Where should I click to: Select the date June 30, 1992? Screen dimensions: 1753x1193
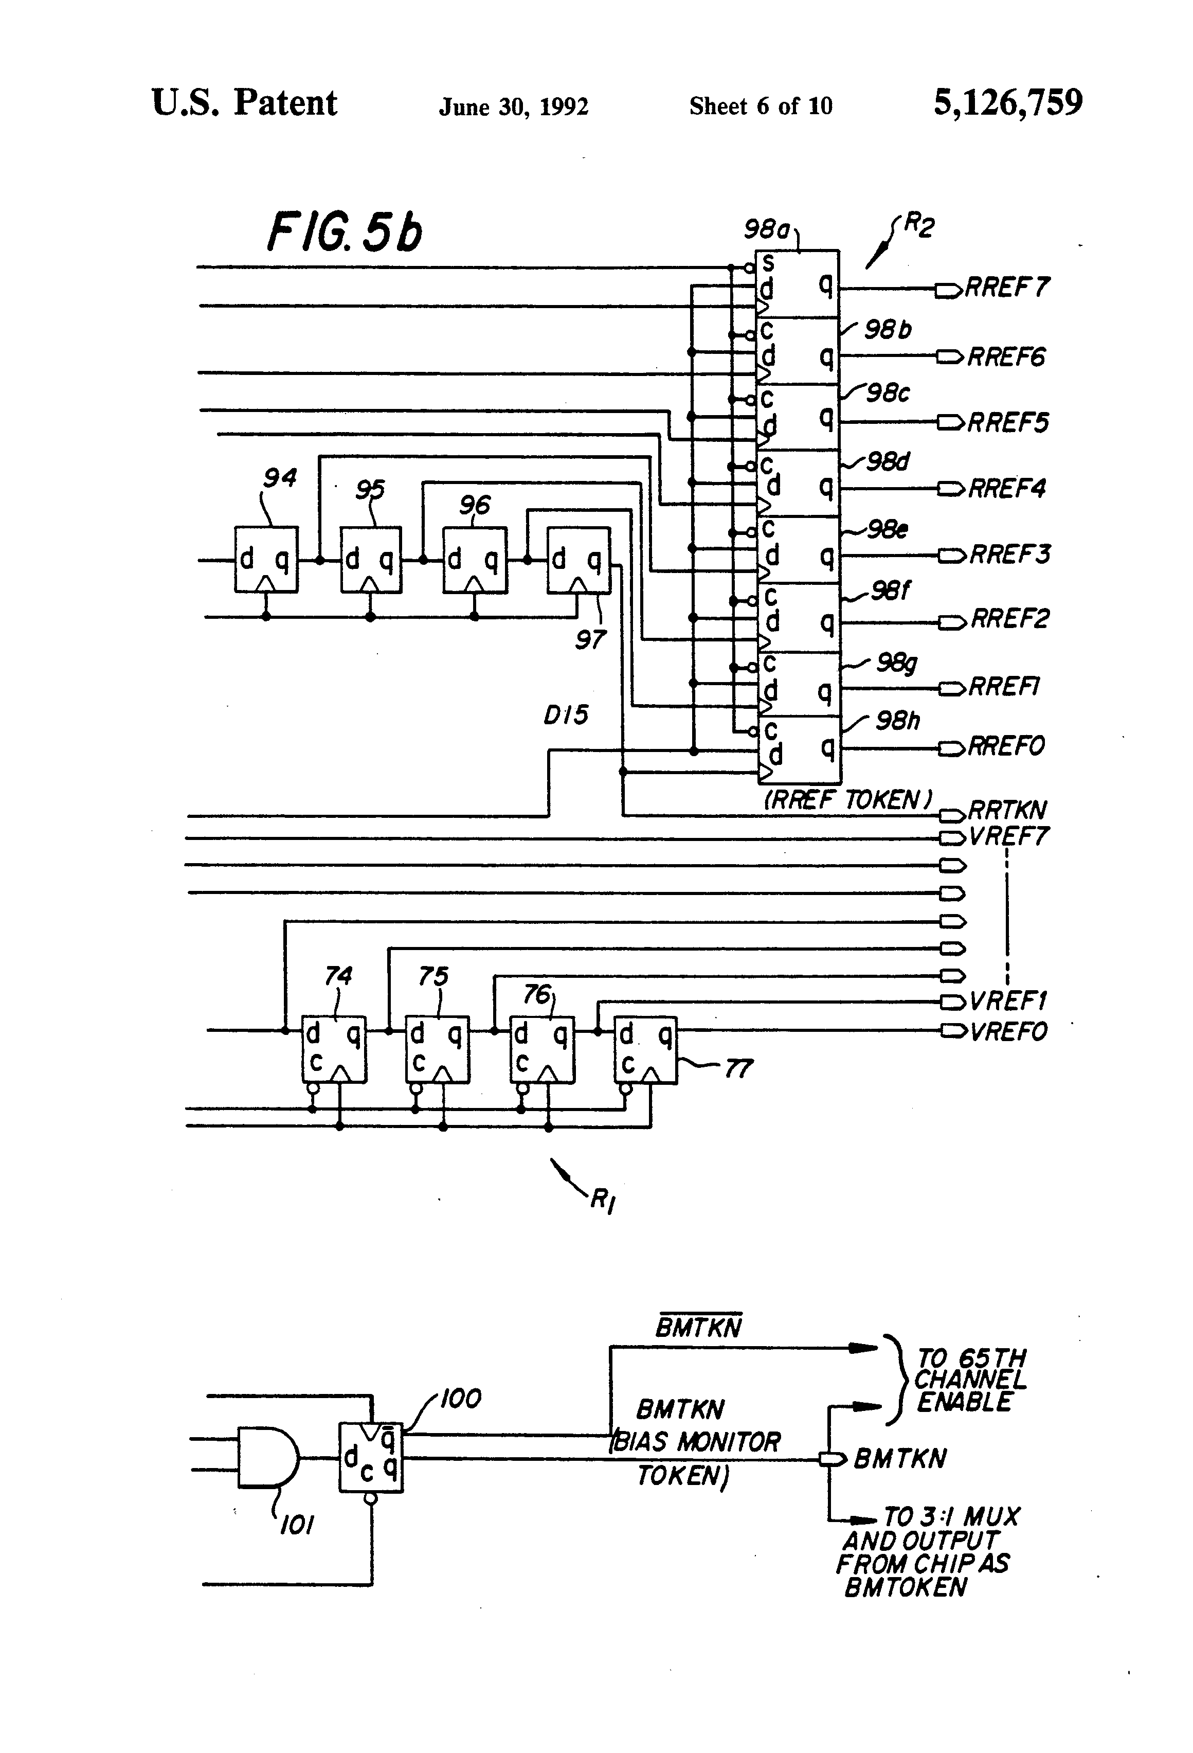[x=514, y=107]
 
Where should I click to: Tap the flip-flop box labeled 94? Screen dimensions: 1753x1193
[x=266, y=560]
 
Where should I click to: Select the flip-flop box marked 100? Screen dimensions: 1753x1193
[x=370, y=1457]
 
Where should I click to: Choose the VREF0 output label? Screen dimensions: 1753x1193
[x=1008, y=1031]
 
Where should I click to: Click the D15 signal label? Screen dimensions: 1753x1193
[x=566, y=714]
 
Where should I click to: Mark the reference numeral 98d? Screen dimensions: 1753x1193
[x=888, y=461]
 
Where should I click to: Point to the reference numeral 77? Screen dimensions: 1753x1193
[x=738, y=1068]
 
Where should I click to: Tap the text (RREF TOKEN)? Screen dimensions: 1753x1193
[x=847, y=799]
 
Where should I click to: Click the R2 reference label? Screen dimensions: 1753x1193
[x=918, y=225]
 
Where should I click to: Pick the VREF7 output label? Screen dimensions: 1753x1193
[x=1008, y=836]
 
